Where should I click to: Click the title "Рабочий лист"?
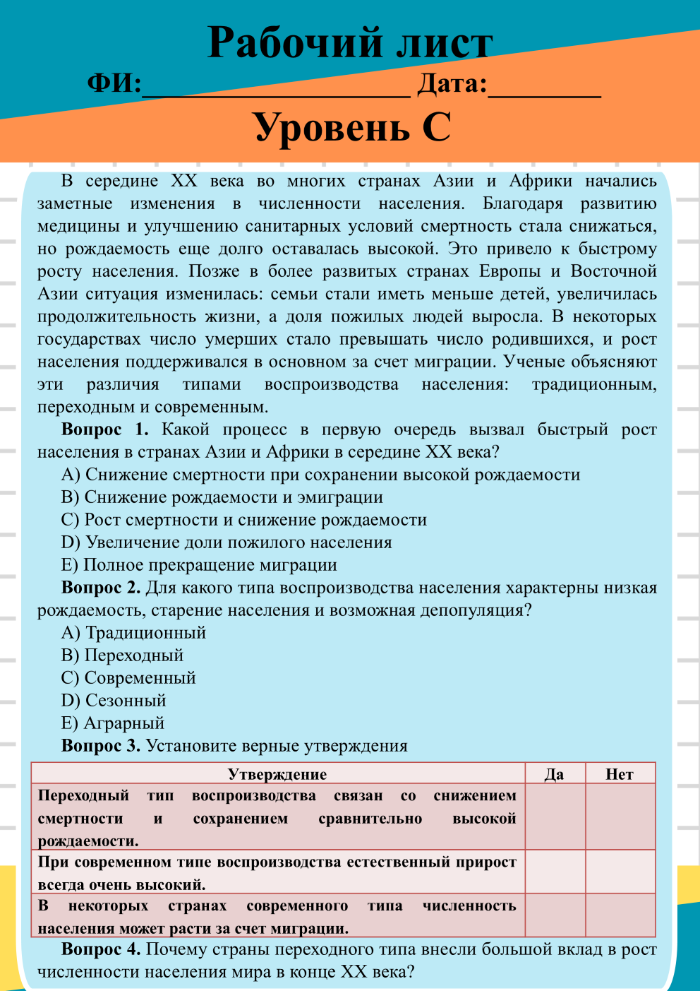click(x=349, y=42)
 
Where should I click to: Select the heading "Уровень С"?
click(x=351, y=127)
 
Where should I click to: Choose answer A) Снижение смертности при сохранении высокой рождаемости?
click(x=321, y=475)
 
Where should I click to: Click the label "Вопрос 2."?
click(x=101, y=588)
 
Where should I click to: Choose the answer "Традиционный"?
click(x=134, y=633)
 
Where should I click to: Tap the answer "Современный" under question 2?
click(x=128, y=678)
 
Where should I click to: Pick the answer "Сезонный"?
click(x=114, y=701)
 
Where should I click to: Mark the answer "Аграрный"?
click(x=113, y=723)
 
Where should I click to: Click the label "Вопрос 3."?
click(x=101, y=746)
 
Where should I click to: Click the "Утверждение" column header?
click(x=277, y=774)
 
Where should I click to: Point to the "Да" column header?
click(x=555, y=774)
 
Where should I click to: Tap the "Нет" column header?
click(x=620, y=774)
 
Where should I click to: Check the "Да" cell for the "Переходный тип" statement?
click(x=555, y=817)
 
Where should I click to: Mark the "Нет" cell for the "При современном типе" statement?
click(x=620, y=872)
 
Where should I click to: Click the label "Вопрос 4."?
click(x=101, y=949)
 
